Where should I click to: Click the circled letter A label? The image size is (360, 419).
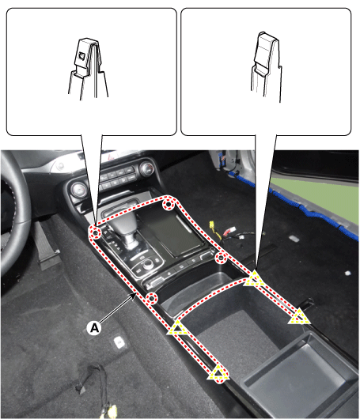[94, 327]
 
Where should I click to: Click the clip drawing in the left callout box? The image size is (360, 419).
[89, 69]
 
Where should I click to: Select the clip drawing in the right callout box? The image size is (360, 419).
[266, 67]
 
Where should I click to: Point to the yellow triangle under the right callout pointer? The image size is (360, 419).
[253, 279]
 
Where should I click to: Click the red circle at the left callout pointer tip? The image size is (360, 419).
[96, 233]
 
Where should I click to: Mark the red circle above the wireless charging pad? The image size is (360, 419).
[169, 205]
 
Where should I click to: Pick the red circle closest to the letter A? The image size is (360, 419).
[152, 298]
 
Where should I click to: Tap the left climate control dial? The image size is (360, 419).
[79, 189]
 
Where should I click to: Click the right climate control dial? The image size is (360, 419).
[147, 168]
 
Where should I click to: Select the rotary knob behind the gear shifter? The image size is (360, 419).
[148, 265]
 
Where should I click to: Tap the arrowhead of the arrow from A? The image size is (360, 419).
[135, 294]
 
